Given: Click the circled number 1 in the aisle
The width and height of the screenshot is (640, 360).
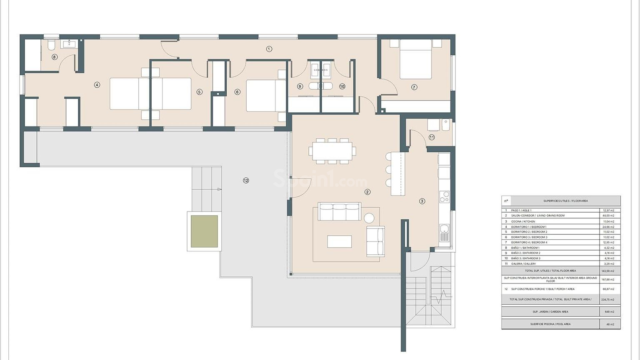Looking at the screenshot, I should coord(269,49).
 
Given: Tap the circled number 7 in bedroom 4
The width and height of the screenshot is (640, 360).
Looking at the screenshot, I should coord(414,87).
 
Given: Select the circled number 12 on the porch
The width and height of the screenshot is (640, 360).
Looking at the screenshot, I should coord(246,180).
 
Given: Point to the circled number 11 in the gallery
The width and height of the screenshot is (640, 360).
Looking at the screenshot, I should coord(432,137).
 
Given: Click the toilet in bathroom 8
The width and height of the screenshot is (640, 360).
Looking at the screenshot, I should coord(51,45).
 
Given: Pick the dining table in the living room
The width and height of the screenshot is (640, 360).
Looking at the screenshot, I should coord(332,151).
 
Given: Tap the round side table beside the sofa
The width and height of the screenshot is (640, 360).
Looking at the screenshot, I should coord(369,218).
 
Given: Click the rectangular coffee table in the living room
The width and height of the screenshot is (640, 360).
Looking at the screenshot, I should coord(339,241).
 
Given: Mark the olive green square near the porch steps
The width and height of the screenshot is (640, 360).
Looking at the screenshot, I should coord(204,231).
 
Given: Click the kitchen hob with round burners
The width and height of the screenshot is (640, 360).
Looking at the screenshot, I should coord(444,197).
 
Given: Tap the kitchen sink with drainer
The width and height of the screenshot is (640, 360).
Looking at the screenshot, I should coord(444,233).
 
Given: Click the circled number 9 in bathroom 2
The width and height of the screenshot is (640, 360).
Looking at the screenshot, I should coord(300,86).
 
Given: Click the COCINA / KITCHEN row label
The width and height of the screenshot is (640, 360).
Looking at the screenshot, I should coord(523,221).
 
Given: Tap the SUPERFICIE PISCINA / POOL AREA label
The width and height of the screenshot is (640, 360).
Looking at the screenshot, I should coord(550,324).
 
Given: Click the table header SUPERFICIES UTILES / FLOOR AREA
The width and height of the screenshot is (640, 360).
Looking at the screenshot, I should coord(566,201).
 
